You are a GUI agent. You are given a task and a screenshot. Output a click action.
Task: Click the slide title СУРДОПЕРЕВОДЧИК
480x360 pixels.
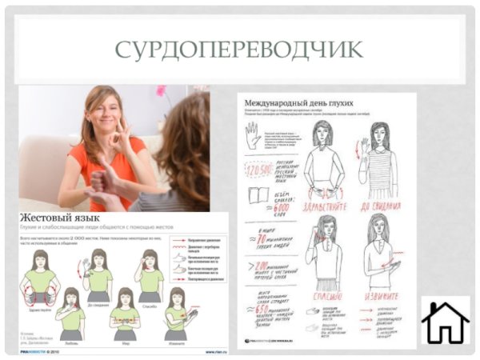(238, 49)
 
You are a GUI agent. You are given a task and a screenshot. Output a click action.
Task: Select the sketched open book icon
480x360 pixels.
(258, 195)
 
